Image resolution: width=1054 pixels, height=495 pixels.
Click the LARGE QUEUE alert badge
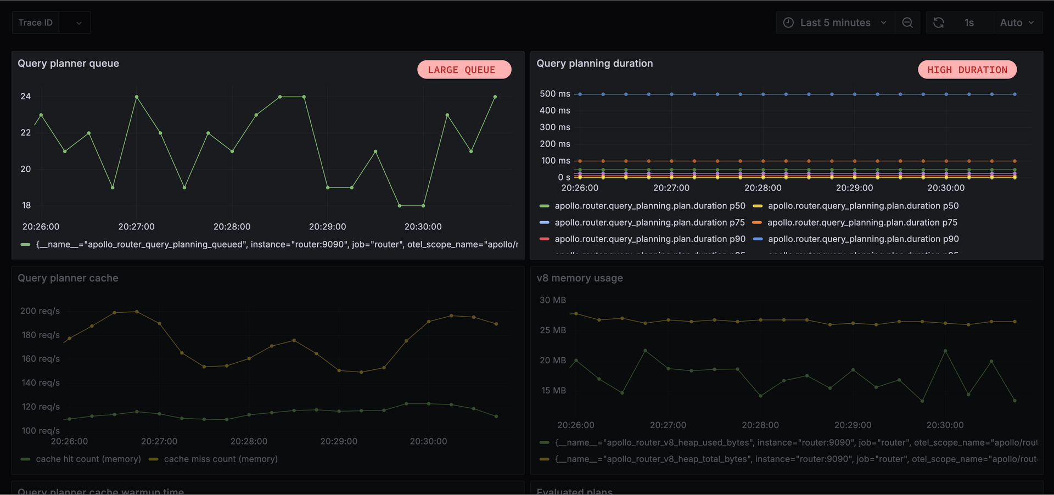pyautogui.click(x=464, y=70)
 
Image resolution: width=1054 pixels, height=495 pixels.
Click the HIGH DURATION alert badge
pyautogui.click(x=967, y=70)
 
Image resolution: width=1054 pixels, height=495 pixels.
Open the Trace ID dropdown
pyautogui.click(x=79, y=23)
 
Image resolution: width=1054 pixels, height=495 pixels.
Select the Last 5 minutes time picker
pyautogui.click(x=835, y=22)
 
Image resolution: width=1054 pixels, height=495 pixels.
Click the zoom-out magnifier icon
pyautogui.click(x=907, y=22)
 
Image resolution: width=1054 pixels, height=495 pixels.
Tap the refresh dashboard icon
pyautogui.click(x=939, y=22)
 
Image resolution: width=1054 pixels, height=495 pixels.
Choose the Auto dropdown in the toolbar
pyautogui.click(x=1017, y=22)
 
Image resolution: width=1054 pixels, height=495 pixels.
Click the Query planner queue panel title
pyautogui.click(x=68, y=63)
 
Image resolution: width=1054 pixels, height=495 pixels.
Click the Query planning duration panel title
pyautogui.click(x=595, y=63)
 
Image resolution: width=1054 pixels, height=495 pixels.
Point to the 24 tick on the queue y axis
pyautogui.click(x=26, y=97)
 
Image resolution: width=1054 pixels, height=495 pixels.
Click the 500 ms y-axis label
pyautogui.click(x=554, y=94)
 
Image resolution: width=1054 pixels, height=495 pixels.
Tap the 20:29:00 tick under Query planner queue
pyautogui.click(x=327, y=227)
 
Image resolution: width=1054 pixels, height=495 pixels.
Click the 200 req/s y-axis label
pyautogui.click(x=40, y=311)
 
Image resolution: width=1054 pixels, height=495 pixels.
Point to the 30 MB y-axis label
pyautogui.click(x=552, y=300)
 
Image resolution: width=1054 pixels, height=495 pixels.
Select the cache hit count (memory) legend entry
pyautogui.click(x=88, y=459)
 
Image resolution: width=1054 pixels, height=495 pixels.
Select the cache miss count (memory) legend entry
pyautogui.click(x=220, y=459)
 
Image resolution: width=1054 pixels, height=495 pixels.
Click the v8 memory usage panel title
pyautogui.click(x=579, y=278)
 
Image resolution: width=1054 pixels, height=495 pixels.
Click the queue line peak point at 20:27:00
pyautogui.click(x=137, y=97)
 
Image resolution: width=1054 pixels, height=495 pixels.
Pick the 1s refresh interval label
pyautogui.click(x=969, y=22)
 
